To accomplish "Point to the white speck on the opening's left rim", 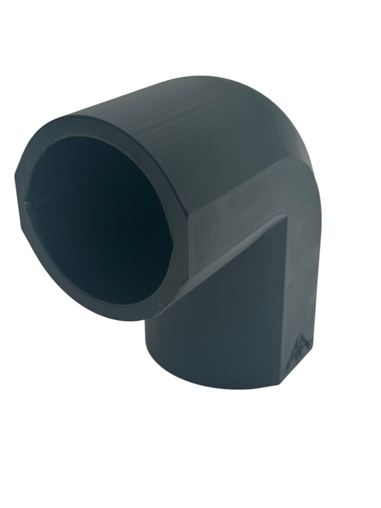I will (26, 203).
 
